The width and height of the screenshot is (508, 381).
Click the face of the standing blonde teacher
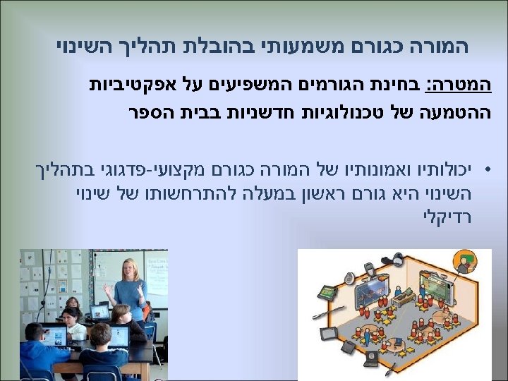(131, 269)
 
